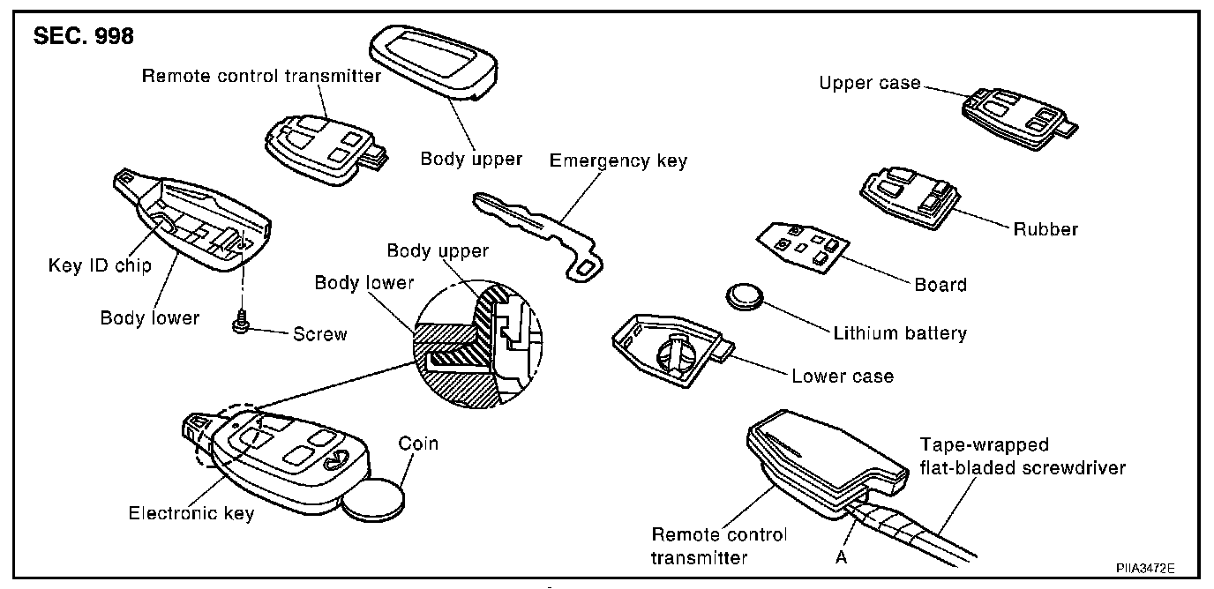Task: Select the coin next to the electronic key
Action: pos(373,506)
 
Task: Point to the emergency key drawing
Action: pos(539,231)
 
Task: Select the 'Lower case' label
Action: pos(842,377)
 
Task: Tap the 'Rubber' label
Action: pos(1045,229)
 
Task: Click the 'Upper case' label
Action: pos(869,84)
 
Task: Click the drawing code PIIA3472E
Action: pos(1144,569)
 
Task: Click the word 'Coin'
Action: pos(418,443)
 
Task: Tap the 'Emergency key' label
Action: pos(618,160)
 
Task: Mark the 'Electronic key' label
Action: pos(191,512)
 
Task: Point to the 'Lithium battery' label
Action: pos(900,333)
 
